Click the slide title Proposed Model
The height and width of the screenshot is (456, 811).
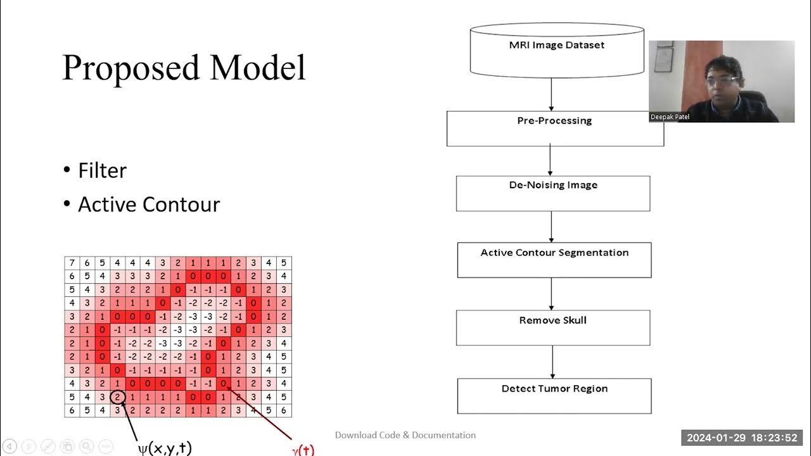click(184, 68)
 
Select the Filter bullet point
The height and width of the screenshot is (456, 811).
click(102, 170)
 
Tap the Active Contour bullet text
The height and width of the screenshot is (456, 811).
click(148, 205)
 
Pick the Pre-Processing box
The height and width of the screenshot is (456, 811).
click(554, 129)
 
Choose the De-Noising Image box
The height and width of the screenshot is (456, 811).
click(553, 193)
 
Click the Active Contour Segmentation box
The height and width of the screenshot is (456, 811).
click(554, 260)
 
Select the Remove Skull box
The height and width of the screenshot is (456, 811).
click(553, 327)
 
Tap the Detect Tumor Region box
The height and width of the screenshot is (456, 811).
click(554, 396)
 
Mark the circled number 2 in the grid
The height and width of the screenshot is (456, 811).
click(117, 398)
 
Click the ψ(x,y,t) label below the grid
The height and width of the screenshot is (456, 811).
click(165, 448)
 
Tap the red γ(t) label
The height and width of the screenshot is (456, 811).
click(303, 450)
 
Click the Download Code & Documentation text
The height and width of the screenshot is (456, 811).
click(405, 435)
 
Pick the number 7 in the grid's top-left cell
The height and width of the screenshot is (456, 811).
click(72, 263)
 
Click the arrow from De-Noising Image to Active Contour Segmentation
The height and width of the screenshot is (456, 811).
click(551, 227)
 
